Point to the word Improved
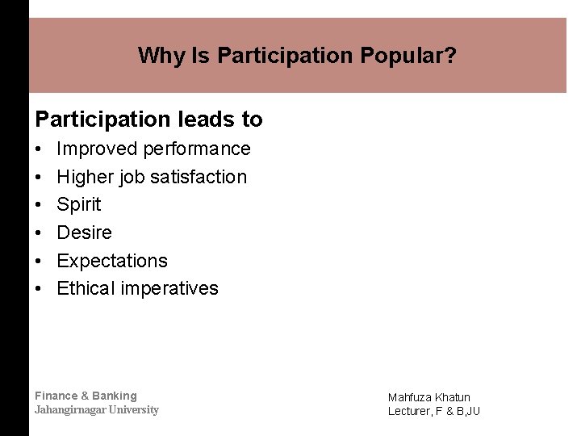(x=97, y=149)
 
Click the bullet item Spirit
(x=79, y=205)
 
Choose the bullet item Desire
(x=84, y=233)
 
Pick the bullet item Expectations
(x=112, y=261)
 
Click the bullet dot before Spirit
(x=39, y=205)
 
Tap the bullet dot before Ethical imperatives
(x=39, y=289)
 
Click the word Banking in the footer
(x=115, y=396)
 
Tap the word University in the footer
(x=134, y=409)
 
